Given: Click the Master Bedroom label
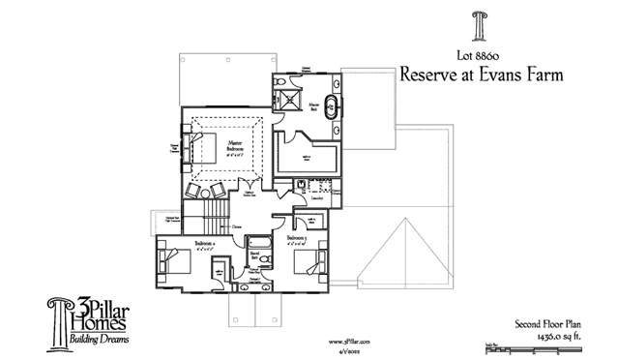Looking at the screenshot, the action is [x=235, y=146].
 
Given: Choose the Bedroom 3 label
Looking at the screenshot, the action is [x=298, y=237].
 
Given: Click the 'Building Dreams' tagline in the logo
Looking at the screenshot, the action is [x=98, y=340].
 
